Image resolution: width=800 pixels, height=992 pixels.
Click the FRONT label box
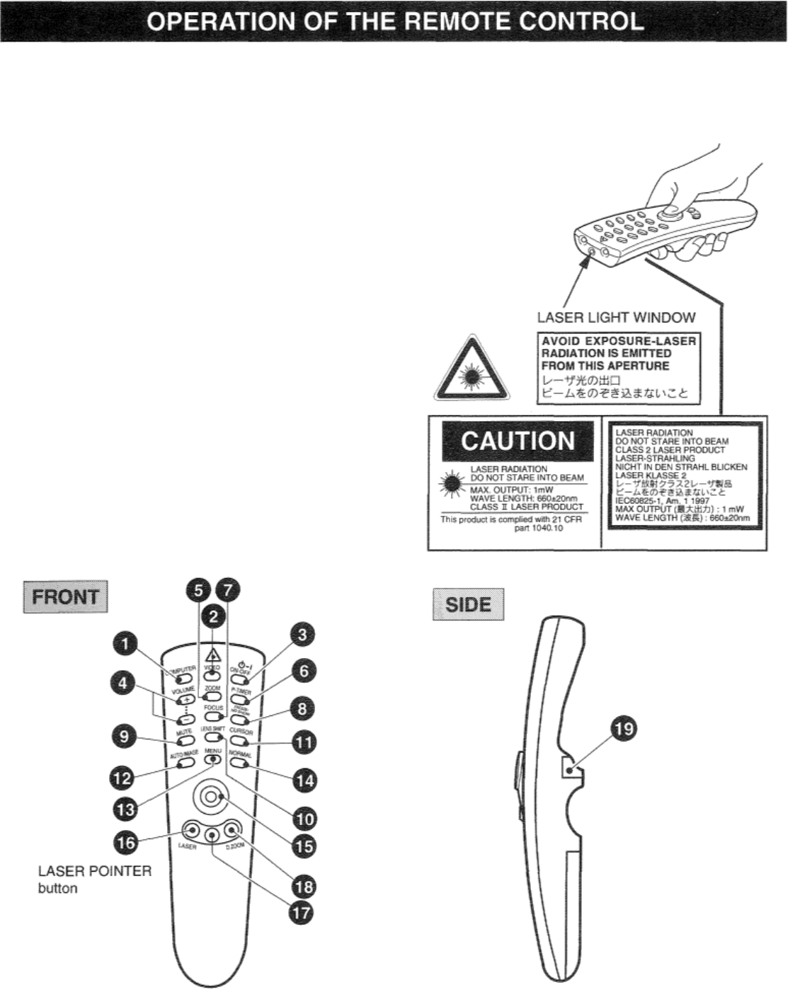coord(66,596)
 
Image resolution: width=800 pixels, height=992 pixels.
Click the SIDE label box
coord(468,604)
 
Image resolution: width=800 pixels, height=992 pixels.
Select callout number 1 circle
coord(125,644)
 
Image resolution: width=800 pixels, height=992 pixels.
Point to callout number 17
coord(301,912)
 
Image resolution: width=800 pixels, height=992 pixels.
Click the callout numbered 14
coord(304,780)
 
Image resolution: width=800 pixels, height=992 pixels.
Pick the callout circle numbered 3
coord(302,635)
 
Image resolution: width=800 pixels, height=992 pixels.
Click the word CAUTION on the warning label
coord(518,442)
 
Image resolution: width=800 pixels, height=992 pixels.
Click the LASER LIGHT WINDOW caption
coord(616,318)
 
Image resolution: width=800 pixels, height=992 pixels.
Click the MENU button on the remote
coord(212,760)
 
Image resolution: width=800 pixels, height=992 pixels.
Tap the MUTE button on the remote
coord(185,742)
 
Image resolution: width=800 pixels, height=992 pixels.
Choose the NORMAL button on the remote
coord(240,763)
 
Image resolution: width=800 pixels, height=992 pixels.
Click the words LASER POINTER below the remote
coord(94,871)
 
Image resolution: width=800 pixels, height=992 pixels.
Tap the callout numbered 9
coord(125,737)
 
